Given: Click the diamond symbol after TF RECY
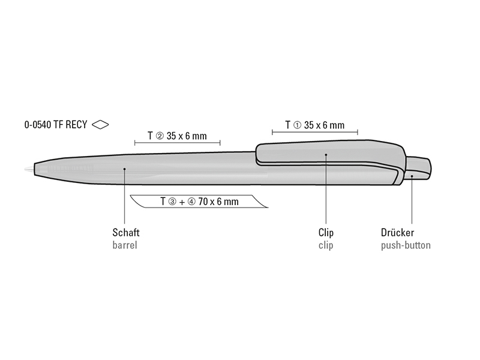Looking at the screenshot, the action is pyautogui.click(x=100, y=125).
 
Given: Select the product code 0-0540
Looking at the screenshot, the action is pyautogui.click(x=38, y=125).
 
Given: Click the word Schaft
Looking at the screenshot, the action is pyautogui.click(x=126, y=233).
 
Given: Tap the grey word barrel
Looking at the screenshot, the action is pyautogui.click(x=125, y=245).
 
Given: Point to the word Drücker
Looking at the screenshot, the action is pyautogui.click(x=397, y=233).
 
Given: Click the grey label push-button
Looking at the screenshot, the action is pyautogui.click(x=406, y=245).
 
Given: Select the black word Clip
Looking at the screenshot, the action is pyautogui.click(x=326, y=233).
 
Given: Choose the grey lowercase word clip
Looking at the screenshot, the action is pyautogui.click(x=326, y=245).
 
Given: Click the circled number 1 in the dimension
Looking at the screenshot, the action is pyautogui.click(x=297, y=125).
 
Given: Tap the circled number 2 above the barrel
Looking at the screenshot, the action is pyautogui.click(x=160, y=136).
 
